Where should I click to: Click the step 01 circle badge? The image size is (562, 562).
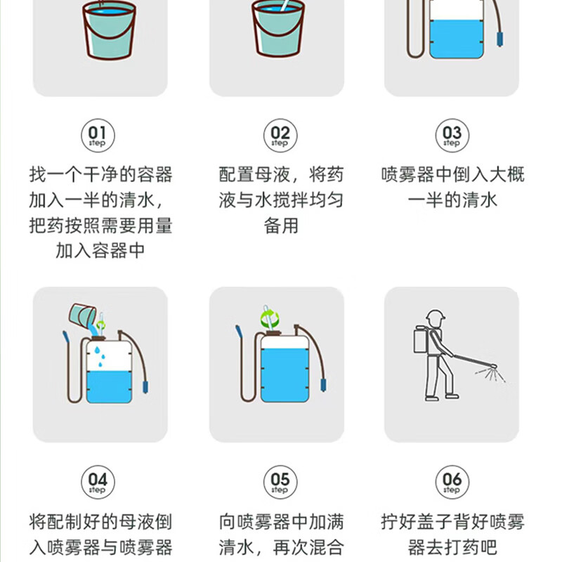click(x=98, y=136)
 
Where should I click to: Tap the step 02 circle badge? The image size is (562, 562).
click(x=280, y=136)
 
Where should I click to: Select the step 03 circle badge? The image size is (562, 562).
click(x=452, y=136)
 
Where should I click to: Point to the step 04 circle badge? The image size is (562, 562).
click(x=98, y=482)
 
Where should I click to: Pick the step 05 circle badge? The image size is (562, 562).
click(x=280, y=482)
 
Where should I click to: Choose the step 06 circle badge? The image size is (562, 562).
click(x=452, y=482)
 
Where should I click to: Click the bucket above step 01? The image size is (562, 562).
click(x=109, y=30)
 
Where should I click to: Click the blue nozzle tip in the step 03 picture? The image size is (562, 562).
click(x=499, y=38)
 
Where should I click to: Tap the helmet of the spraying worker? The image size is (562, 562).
click(x=435, y=315)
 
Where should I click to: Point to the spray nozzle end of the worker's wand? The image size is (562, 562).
click(x=493, y=366)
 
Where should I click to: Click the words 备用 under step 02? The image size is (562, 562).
click(x=281, y=226)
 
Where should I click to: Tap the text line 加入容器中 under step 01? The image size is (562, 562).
click(x=100, y=250)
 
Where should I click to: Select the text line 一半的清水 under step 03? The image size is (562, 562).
click(x=452, y=200)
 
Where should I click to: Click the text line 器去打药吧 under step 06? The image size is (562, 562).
click(x=452, y=547)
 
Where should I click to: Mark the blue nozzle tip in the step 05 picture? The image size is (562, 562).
click(x=323, y=384)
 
